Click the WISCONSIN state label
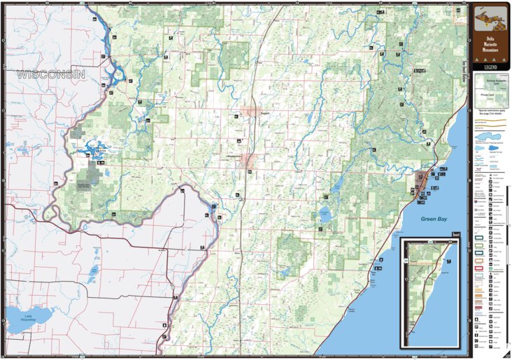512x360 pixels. (x=51, y=73)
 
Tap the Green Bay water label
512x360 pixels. (x=434, y=219)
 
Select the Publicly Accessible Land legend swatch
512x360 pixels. (x=490, y=81)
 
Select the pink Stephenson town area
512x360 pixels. (x=248, y=160)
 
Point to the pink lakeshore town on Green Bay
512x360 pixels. (x=423, y=186)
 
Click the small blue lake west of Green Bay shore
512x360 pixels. (x=325, y=213)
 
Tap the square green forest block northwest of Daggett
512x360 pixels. (x=236, y=55)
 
